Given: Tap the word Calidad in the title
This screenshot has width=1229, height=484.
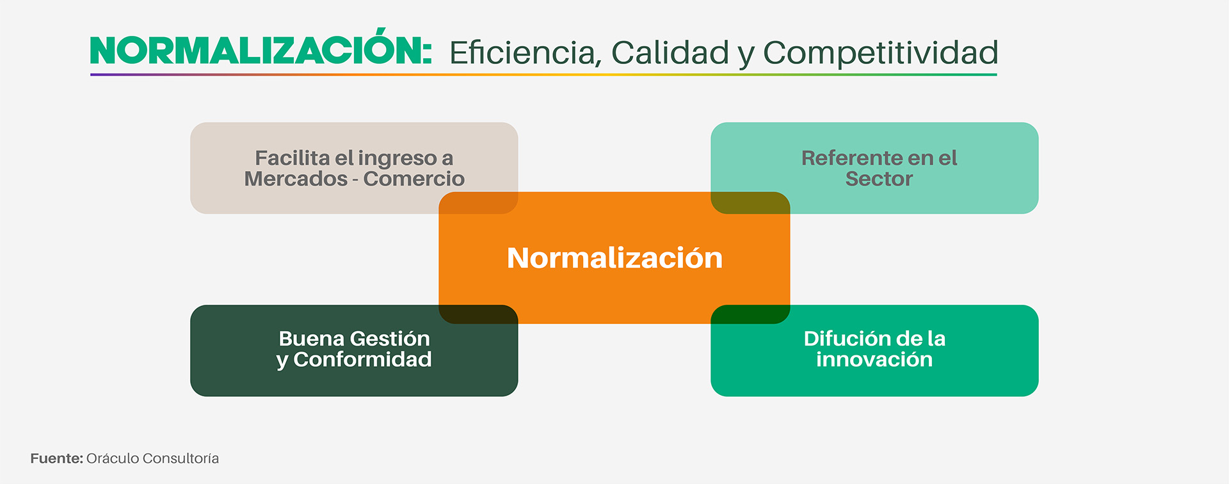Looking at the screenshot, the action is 670,52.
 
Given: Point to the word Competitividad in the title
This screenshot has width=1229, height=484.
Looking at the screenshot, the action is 880,53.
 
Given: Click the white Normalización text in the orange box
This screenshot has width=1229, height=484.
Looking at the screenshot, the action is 614,257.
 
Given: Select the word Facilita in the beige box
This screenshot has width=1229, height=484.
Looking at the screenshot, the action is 292,157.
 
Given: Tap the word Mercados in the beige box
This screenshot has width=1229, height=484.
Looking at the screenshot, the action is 296,179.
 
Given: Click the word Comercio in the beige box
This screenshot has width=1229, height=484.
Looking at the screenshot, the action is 414,179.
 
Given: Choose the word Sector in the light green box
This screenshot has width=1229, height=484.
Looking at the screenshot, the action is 879,179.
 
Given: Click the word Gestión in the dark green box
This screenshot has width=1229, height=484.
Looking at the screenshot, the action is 390,338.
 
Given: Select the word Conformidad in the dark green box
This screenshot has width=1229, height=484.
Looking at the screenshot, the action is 362,359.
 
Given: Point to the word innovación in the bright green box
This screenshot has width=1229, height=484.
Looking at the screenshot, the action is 874,359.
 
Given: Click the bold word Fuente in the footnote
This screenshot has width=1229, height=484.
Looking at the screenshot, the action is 57,458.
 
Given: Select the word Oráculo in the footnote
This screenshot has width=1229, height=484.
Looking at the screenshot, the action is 113,458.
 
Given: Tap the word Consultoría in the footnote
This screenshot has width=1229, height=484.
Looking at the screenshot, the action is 181,458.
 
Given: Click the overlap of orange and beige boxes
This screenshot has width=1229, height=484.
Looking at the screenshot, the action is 478,203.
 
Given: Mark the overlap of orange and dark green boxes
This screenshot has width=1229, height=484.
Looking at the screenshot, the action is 478,314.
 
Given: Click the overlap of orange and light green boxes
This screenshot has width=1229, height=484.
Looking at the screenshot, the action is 750,203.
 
